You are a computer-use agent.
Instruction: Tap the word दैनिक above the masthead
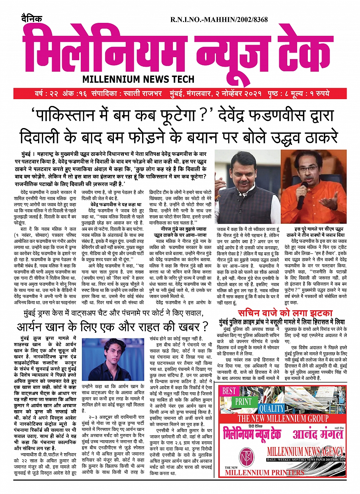tap(32, 19)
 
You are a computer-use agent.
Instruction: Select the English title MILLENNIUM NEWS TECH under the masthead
tap(138, 79)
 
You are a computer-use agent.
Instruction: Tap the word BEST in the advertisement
tap(229, 391)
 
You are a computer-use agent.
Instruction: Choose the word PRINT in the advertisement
tap(243, 402)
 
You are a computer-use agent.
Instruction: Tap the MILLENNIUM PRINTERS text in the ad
tap(264, 473)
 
